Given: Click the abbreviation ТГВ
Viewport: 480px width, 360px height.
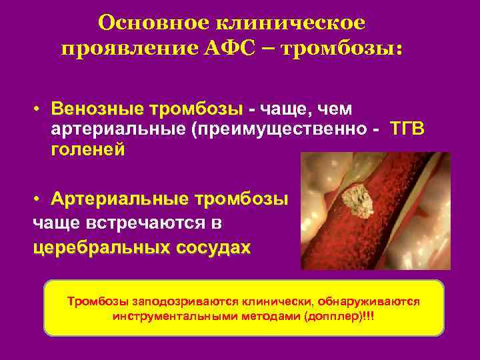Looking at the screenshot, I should (407, 128).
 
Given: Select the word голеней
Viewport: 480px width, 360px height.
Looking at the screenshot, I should (87, 149).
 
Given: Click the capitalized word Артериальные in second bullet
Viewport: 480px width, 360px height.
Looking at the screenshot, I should (119, 199).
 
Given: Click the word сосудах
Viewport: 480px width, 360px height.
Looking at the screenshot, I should (213, 247).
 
